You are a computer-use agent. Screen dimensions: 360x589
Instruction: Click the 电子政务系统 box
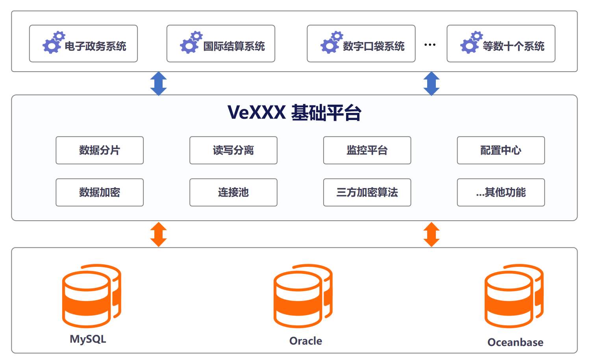83,44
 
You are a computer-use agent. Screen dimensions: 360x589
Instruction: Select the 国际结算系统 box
220,44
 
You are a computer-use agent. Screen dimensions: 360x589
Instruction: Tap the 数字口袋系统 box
361,44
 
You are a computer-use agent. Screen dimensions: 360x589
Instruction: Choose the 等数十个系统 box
501,44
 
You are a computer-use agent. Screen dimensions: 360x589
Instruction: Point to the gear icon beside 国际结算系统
191,42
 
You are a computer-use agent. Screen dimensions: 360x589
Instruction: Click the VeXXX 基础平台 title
294,113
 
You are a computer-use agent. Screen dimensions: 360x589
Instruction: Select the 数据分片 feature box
100,150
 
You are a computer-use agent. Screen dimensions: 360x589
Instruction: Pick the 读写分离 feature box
233,150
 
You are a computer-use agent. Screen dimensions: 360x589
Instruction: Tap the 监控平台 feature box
367,150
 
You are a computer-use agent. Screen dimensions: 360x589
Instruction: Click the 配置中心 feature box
501,150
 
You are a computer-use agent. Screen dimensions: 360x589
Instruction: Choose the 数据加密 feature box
100,192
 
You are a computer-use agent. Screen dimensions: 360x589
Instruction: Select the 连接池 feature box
233,192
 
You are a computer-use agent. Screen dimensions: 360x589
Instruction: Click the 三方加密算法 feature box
367,192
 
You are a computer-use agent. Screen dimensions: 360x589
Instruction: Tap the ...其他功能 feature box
501,192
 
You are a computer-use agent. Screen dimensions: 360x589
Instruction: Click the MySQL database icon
91,296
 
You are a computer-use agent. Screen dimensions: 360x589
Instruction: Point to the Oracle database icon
303,296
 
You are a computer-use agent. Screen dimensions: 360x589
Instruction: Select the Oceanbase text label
515,342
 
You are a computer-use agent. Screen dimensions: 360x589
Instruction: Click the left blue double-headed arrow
159,83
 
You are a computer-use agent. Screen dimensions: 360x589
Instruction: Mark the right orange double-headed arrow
432,234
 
